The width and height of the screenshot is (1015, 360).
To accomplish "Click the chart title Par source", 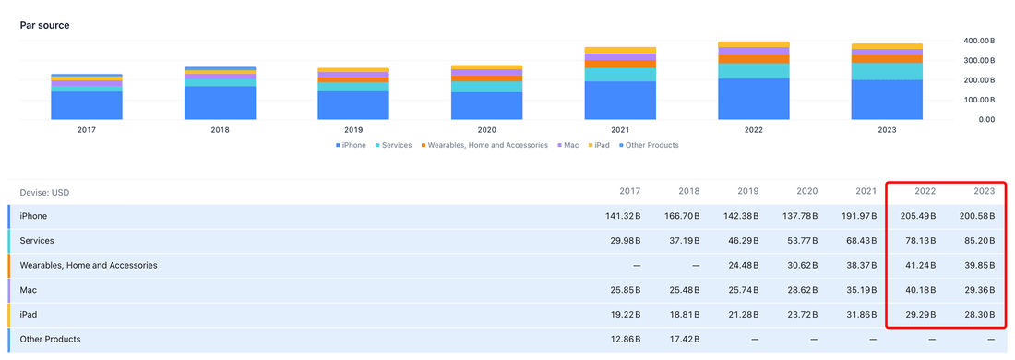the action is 44,25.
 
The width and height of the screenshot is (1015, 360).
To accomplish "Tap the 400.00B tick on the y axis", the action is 977,41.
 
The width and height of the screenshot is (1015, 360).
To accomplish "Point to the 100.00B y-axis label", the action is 977,101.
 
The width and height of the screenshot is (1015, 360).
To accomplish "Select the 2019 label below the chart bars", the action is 352,130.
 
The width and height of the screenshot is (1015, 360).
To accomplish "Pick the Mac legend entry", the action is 567,146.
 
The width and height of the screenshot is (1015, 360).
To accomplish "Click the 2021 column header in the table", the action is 866,192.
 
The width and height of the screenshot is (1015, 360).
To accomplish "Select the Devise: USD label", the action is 44,192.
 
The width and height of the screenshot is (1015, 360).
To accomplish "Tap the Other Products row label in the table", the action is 51,340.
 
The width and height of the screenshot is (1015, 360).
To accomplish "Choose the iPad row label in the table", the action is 29,315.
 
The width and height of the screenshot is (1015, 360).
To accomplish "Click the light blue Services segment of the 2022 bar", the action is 754,71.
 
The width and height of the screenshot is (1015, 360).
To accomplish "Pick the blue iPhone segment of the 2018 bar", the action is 221,103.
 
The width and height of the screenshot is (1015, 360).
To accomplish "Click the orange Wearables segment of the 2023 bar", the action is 887,59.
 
